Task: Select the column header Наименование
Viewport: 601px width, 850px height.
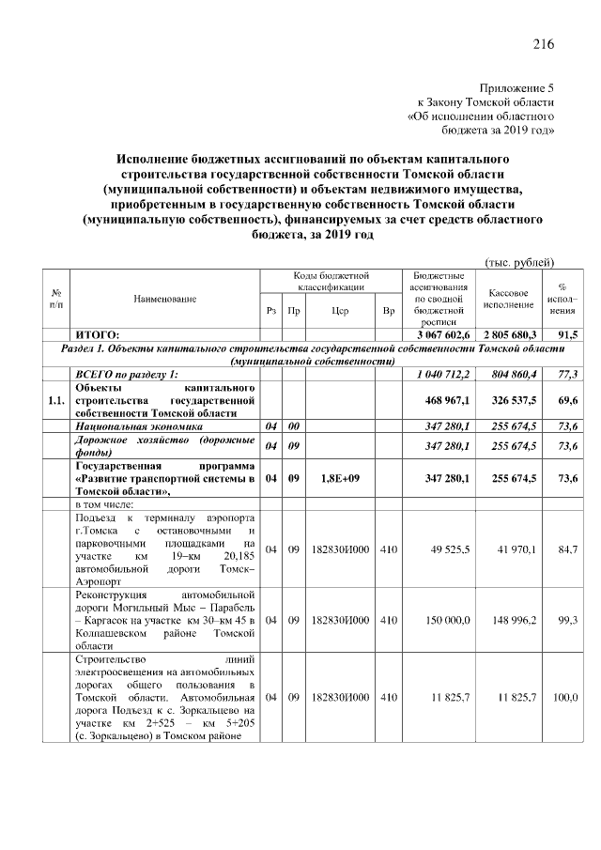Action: [x=164, y=299]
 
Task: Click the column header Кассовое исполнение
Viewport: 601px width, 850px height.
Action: [x=510, y=299]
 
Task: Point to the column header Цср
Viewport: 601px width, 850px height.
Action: [x=334, y=310]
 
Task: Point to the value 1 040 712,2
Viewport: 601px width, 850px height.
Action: [x=443, y=374]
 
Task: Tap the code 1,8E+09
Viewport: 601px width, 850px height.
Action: [x=334, y=478]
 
